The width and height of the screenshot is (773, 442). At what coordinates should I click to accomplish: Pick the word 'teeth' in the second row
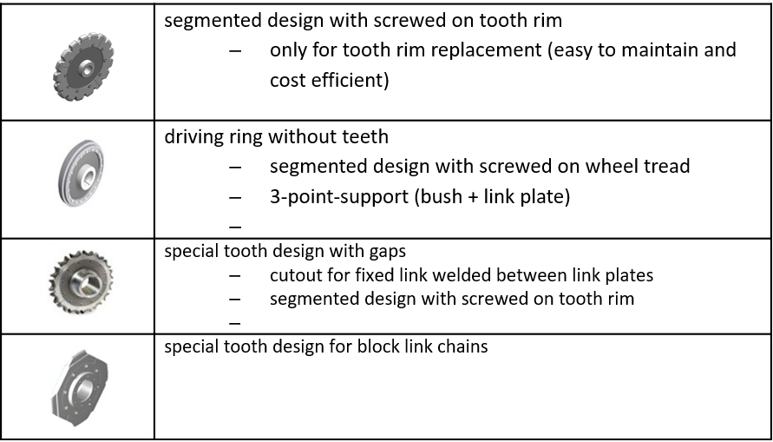point(365,136)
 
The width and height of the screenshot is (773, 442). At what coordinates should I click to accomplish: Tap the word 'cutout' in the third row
point(295,276)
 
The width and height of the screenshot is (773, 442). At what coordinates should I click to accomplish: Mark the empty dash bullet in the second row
point(234,227)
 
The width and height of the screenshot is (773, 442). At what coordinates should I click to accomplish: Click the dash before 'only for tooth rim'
point(234,50)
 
